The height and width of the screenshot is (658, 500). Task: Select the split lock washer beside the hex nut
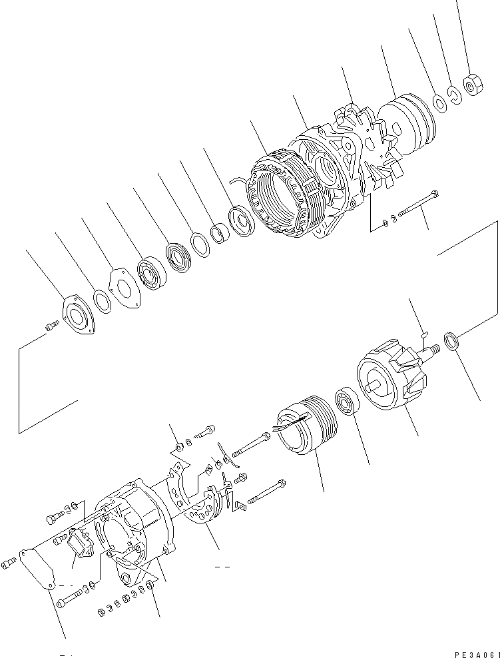coord(455,95)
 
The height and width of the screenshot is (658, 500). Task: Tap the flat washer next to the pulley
coord(439,103)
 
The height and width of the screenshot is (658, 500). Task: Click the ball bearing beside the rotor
coord(348,404)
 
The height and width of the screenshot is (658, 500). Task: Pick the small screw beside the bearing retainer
coord(51,325)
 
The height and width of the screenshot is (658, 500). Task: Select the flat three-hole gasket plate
coord(125,289)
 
